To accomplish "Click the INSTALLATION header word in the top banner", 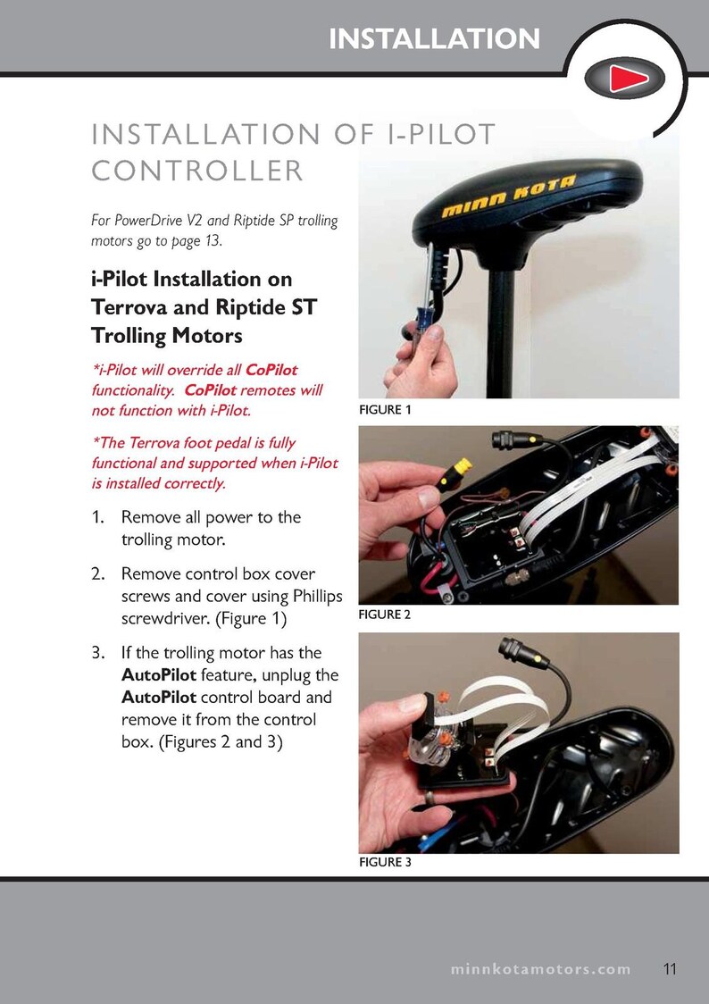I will point(434,38).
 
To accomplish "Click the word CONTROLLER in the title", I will point(197,170).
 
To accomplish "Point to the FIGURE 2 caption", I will point(385,615).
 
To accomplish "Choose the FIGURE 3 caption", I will point(385,864).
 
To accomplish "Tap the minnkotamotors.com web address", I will point(539,969).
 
